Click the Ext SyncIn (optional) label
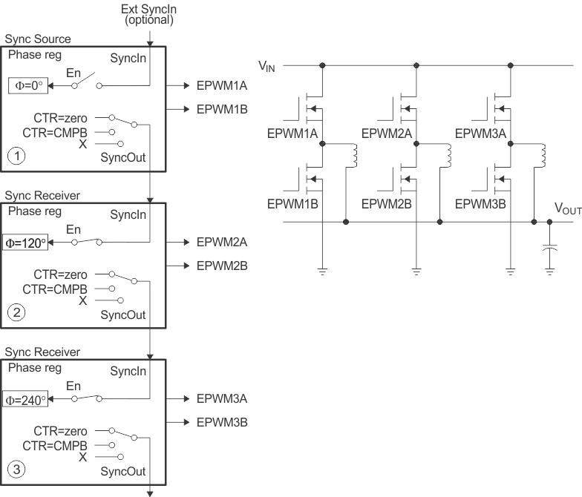coord(149,14)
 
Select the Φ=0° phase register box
coord(27,86)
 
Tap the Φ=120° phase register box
coord(24,242)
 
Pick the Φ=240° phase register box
coord(24,399)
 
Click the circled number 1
coord(16,156)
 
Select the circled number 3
coord(16,469)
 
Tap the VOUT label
coord(567,209)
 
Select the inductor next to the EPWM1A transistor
coord(355,156)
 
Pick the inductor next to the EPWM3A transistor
coord(543,156)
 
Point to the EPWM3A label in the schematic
coord(480,134)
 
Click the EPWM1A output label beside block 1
coord(222,86)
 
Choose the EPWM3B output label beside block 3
coord(222,422)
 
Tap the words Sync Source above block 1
coord(38,39)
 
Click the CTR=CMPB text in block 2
coord(56,289)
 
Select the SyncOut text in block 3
coord(122,472)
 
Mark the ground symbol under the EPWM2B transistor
coord(416,271)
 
